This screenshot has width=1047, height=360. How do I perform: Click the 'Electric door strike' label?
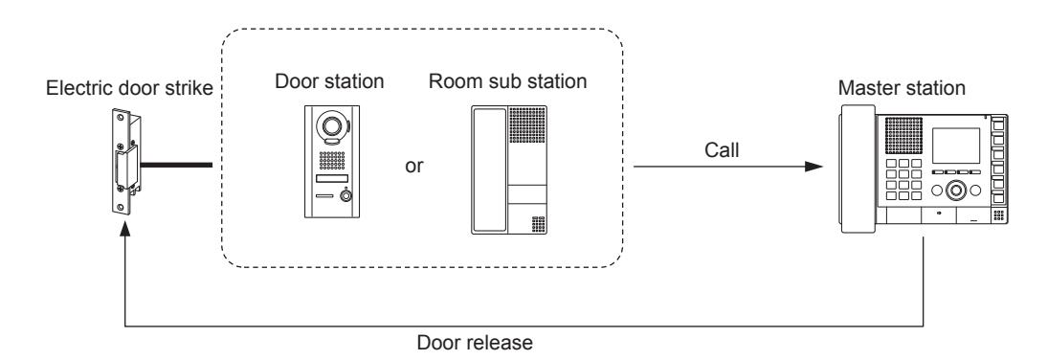coord(129,89)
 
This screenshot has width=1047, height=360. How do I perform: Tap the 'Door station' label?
coord(329,81)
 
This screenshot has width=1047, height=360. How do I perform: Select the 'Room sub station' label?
coord(507,81)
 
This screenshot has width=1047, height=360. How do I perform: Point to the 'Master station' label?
coord(902,88)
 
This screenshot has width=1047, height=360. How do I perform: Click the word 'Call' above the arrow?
coord(722,150)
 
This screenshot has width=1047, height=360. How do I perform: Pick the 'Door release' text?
coord(475,344)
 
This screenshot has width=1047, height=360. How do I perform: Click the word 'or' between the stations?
coord(414,166)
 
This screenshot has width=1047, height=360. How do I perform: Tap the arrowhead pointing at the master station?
coord(814,166)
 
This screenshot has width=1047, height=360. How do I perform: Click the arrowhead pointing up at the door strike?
coord(124,230)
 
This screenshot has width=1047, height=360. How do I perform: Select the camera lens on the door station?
coord(330,125)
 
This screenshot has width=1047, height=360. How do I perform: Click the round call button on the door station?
coord(345,195)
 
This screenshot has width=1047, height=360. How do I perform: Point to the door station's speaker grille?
coord(331,161)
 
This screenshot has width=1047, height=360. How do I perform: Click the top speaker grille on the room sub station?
coord(527,124)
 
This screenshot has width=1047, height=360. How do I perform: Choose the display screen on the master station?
coord(956,145)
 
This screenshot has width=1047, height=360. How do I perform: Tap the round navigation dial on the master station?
coord(955,191)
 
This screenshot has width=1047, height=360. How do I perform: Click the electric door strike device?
coord(125,162)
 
